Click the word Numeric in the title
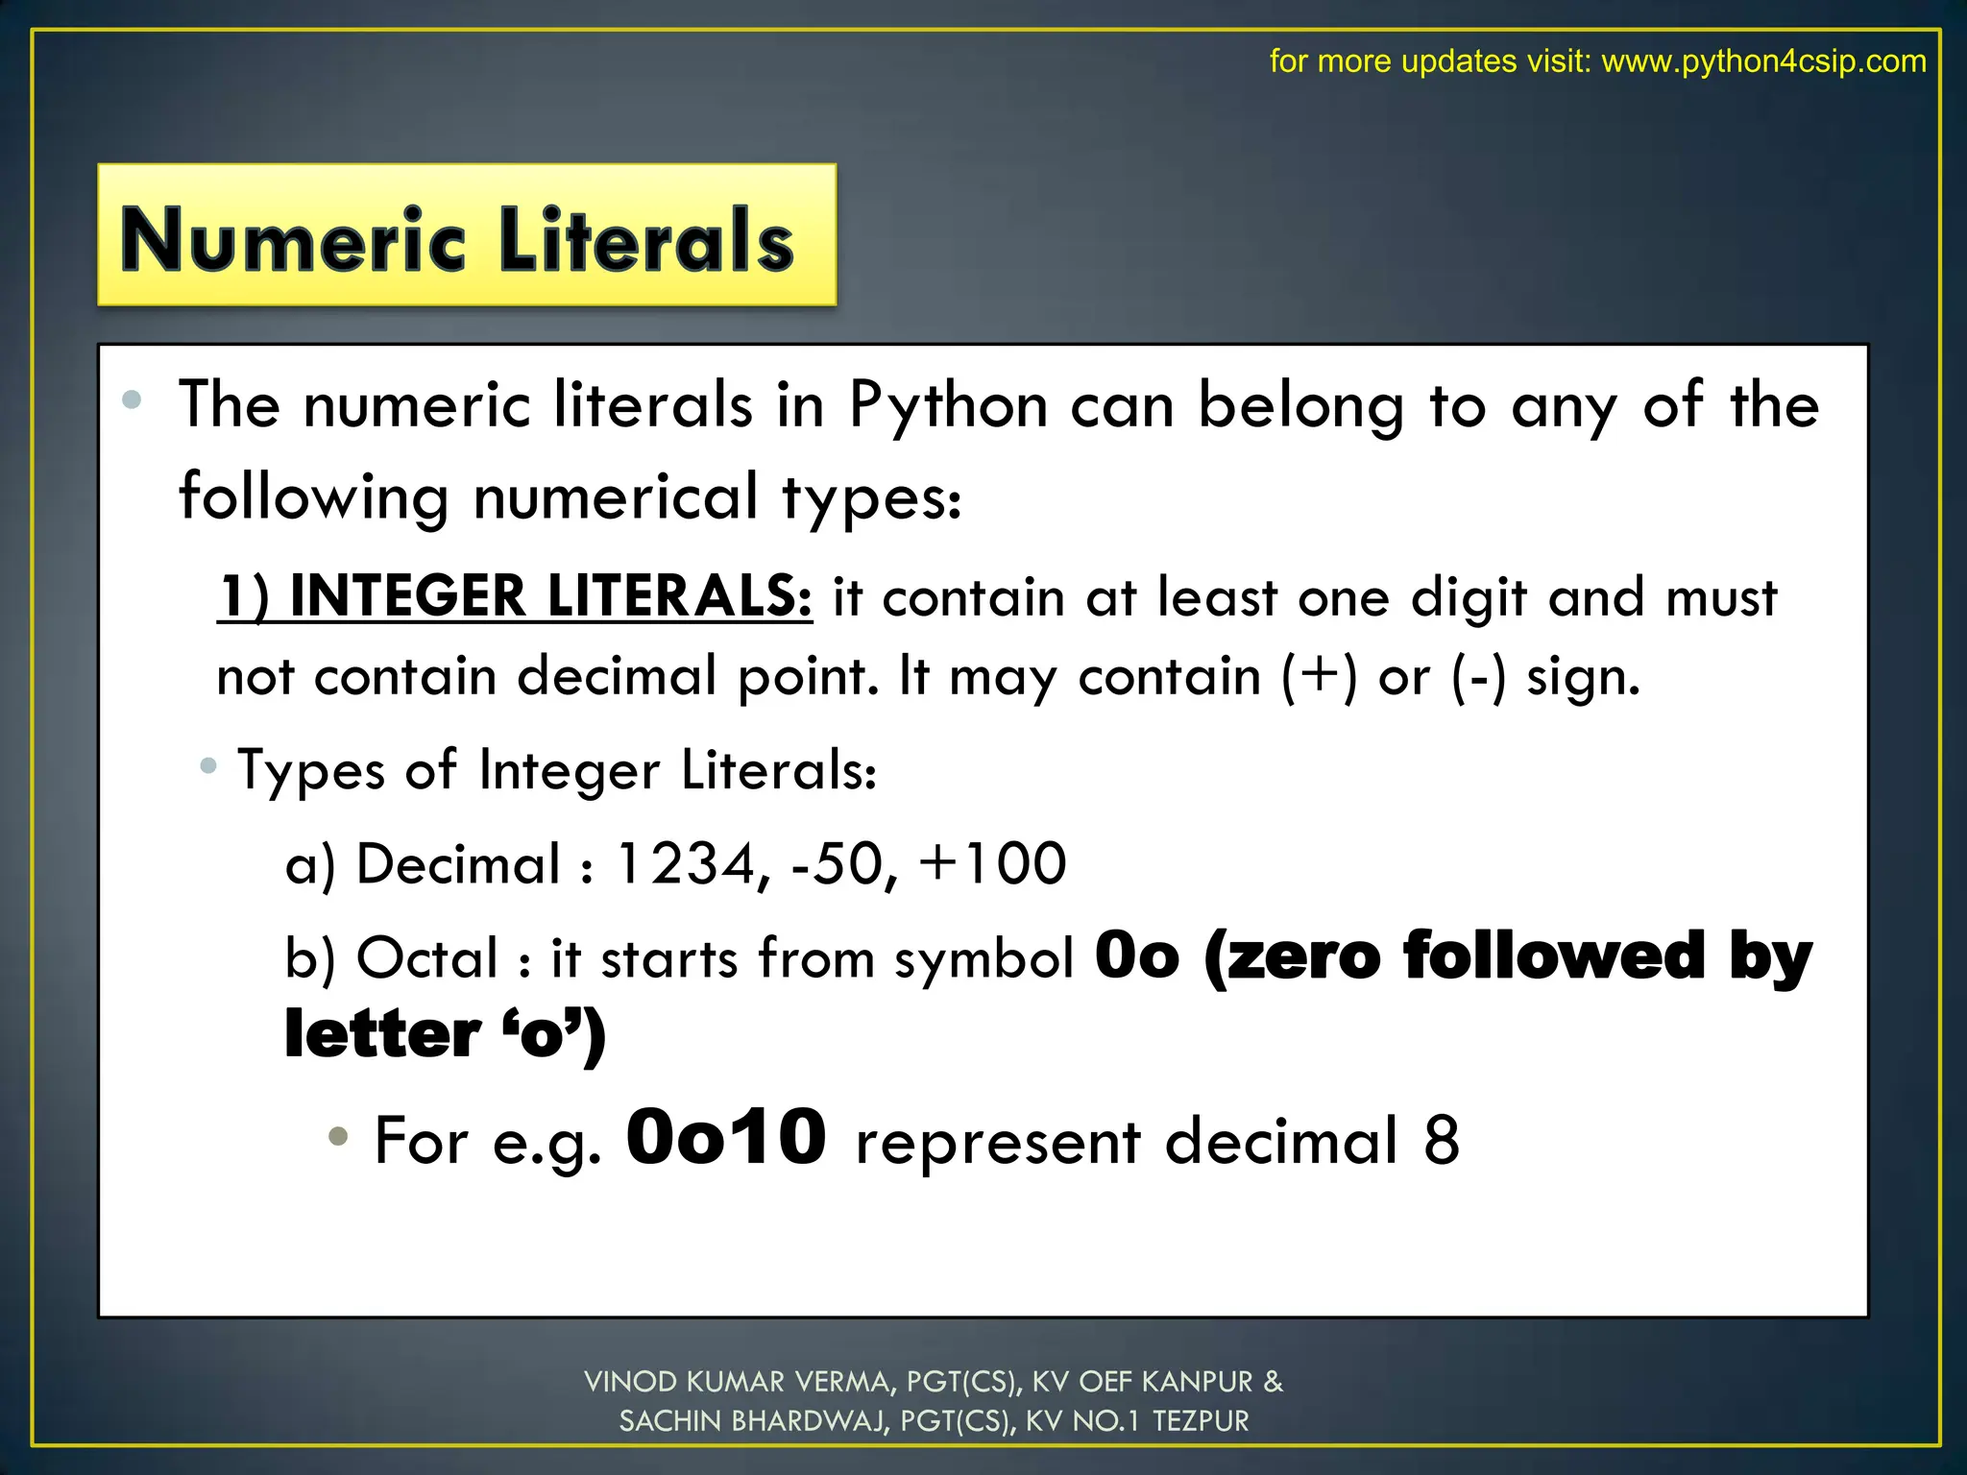[293, 240]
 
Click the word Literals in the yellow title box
[646, 240]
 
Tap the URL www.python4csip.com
[1763, 61]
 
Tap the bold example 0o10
[726, 1138]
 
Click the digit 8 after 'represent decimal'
[1441, 1141]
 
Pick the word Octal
[427, 958]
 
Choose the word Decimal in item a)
[458, 863]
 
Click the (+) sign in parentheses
[1320, 675]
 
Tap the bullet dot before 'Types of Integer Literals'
[208, 766]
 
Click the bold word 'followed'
[1554, 956]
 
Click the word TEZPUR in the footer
[1201, 1421]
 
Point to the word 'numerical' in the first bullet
[616, 497]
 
